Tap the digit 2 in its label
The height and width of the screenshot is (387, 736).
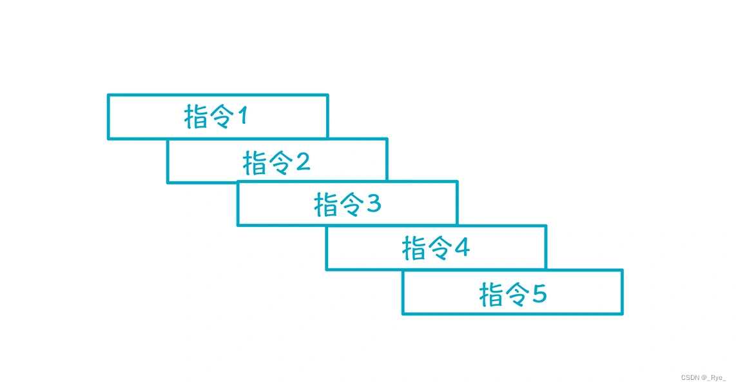coord(303,162)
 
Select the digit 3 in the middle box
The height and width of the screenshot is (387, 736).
coord(374,204)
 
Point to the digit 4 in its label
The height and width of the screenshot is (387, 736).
coord(461,248)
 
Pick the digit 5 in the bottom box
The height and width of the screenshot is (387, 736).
coord(539,294)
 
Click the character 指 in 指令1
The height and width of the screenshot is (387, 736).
coord(196,117)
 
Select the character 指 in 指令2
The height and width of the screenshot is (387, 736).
coord(255,163)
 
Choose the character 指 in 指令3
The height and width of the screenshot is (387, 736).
coord(326,205)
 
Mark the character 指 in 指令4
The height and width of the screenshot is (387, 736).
coord(414,249)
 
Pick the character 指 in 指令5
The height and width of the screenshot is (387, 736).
coord(492,295)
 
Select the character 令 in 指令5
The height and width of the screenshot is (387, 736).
coord(516,295)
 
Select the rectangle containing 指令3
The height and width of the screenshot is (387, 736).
coord(271,204)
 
